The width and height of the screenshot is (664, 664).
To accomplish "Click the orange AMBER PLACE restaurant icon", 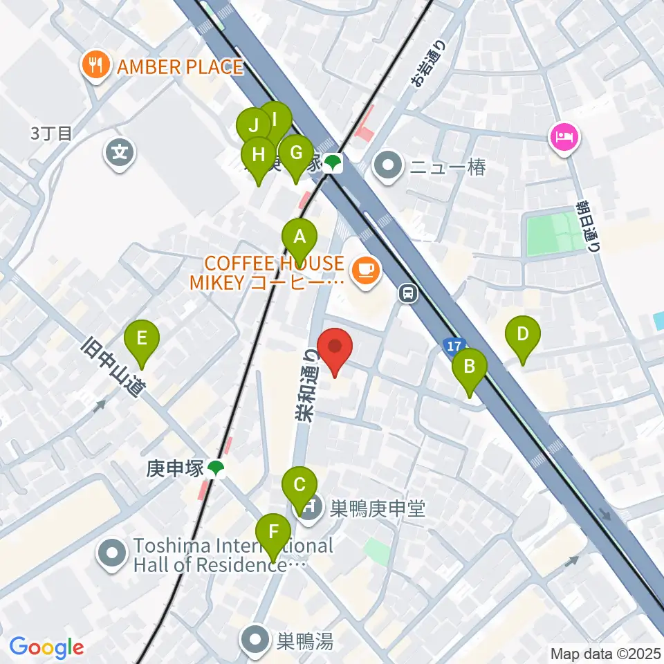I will pos(92,66).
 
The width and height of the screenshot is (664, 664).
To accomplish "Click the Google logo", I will pos(46,647).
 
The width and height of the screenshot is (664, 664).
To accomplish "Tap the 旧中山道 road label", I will pos(111,366).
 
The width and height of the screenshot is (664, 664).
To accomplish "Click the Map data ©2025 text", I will pos(605,653).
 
